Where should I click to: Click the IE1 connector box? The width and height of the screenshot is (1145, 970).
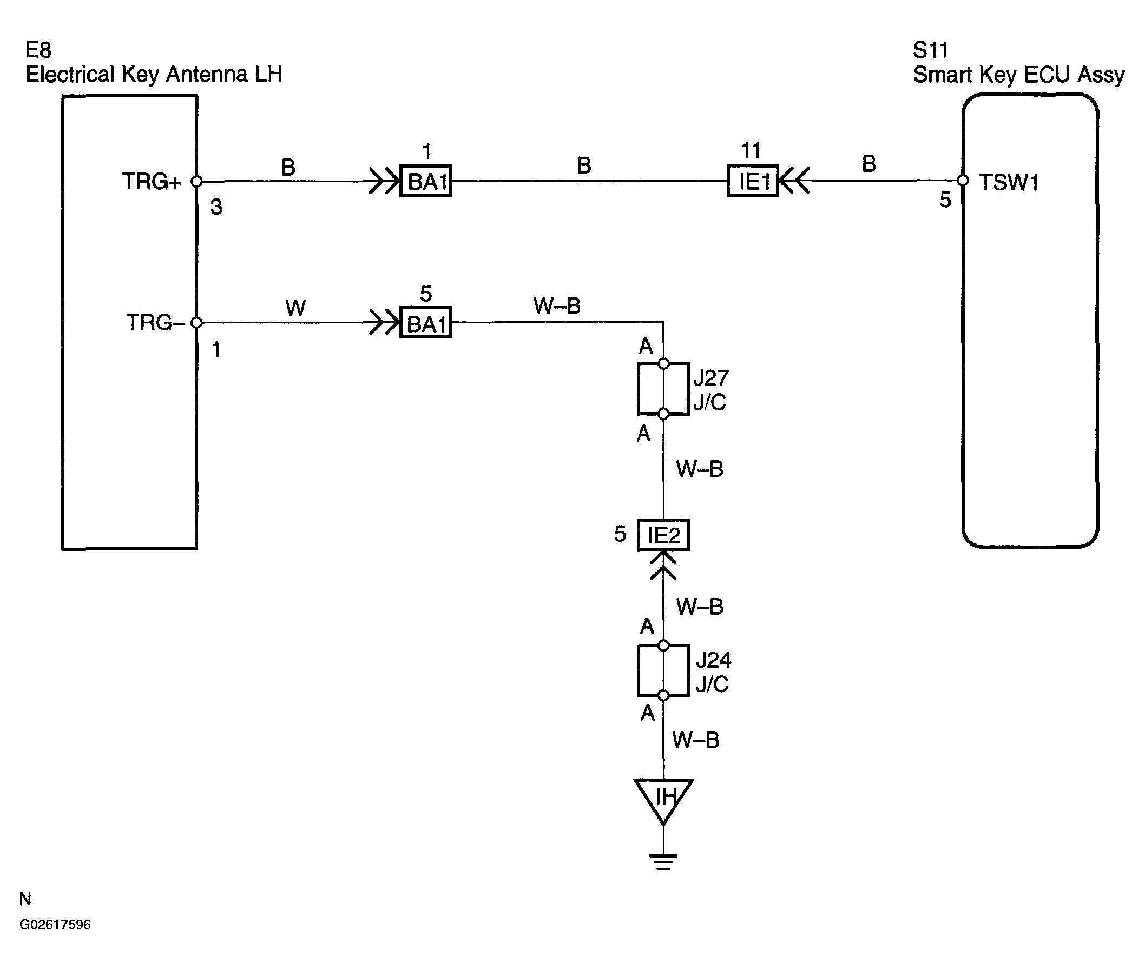pos(752,181)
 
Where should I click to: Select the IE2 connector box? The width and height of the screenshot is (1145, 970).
pos(663,535)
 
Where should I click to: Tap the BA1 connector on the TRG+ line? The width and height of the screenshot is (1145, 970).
pos(425,181)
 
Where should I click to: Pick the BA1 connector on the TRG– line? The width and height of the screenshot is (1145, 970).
pos(425,322)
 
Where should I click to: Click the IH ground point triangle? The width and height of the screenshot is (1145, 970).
pos(650,803)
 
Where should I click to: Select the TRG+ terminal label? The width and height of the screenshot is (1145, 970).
pos(152,182)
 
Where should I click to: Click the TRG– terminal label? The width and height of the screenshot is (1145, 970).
pos(155,323)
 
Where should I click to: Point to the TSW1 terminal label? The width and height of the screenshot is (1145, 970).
pos(1009,183)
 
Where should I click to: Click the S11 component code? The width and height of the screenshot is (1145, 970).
pos(930,51)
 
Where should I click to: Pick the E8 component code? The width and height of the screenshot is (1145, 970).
pos(38,50)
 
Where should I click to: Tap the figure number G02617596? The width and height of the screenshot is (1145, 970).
pos(55,925)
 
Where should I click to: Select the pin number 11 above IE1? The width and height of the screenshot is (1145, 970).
pos(751,150)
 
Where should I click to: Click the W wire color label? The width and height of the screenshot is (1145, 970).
pos(295,308)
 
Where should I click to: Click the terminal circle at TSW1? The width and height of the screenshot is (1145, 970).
pos(962,181)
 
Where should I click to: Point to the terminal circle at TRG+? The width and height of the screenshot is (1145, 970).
pos(196,181)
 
